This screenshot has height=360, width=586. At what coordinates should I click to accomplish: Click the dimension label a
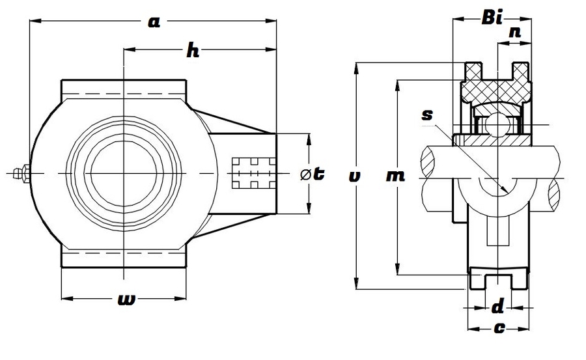154,22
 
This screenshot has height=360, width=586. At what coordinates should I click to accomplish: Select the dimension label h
193,51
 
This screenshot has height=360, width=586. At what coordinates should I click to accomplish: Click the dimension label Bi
492,18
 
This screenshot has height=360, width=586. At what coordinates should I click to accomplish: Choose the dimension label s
427,115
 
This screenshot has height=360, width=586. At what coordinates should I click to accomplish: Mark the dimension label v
354,176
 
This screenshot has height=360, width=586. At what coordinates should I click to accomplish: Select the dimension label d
497,305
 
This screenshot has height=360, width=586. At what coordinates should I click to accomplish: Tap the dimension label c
498,328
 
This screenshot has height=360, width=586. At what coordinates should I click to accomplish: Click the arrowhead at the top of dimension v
356,67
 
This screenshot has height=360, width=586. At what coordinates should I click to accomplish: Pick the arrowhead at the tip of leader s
505,190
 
